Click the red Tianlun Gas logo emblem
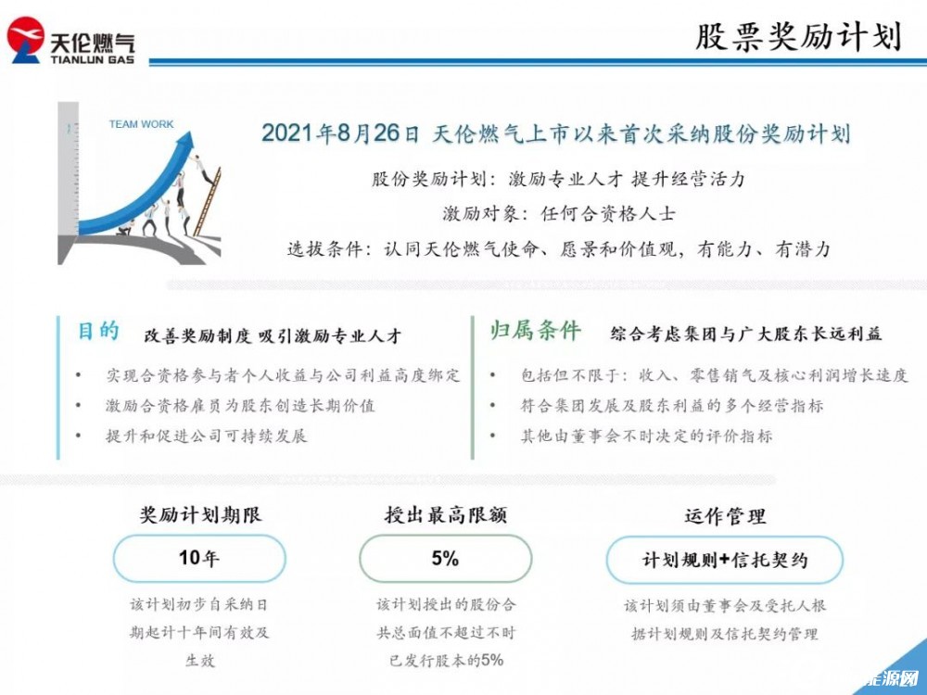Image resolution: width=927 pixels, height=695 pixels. (x=25, y=39)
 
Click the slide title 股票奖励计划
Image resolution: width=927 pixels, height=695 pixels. (x=797, y=37)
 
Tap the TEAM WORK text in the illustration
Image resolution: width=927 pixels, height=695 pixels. (x=141, y=124)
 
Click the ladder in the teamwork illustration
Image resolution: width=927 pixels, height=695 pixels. (x=208, y=201)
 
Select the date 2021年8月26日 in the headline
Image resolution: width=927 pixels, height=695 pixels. (x=340, y=133)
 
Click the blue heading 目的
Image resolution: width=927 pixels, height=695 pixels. (x=99, y=331)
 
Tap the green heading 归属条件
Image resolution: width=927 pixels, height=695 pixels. (x=535, y=331)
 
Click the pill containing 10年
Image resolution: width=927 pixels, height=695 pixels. (x=199, y=559)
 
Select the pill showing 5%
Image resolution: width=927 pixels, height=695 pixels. (x=445, y=559)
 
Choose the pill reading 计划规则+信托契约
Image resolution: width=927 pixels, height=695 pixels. (x=724, y=560)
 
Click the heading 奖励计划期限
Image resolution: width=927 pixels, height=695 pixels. (x=200, y=514)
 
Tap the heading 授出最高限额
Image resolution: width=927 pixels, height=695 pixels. (x=446, y=514)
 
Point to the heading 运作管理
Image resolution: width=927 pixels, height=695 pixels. (x=725, y=516)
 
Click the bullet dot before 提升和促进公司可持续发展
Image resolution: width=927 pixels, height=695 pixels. (x=79, y=436)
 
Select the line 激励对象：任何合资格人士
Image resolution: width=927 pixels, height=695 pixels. (x=559, y=213)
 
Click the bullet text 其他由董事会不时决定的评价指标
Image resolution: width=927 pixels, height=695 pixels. (x=646, y=436)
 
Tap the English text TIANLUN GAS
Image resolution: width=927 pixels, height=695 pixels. (x=92, y=59)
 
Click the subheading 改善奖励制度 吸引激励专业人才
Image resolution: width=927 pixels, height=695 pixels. (x=273, y=335)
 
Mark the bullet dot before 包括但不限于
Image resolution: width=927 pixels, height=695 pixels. (x=493, y=375)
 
